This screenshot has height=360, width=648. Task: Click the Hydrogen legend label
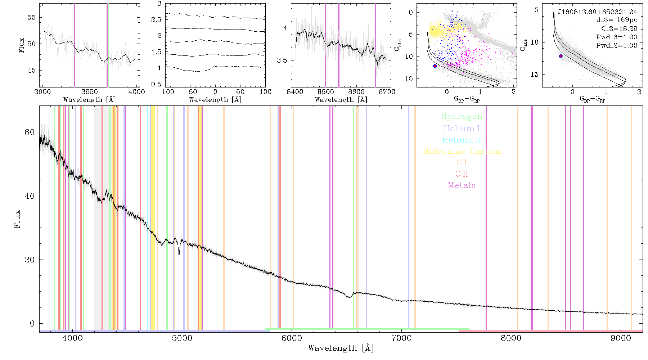[462, 116]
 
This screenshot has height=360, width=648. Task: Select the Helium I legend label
[462, 128]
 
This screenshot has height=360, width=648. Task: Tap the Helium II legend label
[462, 140]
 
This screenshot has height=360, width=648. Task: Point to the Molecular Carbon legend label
[462, 151]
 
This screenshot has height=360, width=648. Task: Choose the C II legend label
[462, 174]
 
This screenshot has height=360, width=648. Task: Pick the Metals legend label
[462, 185]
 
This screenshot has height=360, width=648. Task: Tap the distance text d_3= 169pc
[612, 20]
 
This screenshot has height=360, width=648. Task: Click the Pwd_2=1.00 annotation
[617, 46]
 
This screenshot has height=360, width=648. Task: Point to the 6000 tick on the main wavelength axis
[292, 338]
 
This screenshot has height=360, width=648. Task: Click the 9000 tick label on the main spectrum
[621, 338]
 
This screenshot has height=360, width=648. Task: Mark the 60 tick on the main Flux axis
[30, 132]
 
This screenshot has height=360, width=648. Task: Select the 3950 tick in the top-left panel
[89, 92]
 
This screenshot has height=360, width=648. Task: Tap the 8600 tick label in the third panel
[356, 92]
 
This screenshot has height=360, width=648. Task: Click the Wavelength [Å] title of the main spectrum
[341, 348]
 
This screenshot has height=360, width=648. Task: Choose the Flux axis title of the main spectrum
[17, 219]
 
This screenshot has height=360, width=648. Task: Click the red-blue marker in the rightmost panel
[561, 56]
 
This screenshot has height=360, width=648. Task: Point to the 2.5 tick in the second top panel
[156, 20]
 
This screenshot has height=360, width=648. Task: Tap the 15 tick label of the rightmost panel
[534, 75]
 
